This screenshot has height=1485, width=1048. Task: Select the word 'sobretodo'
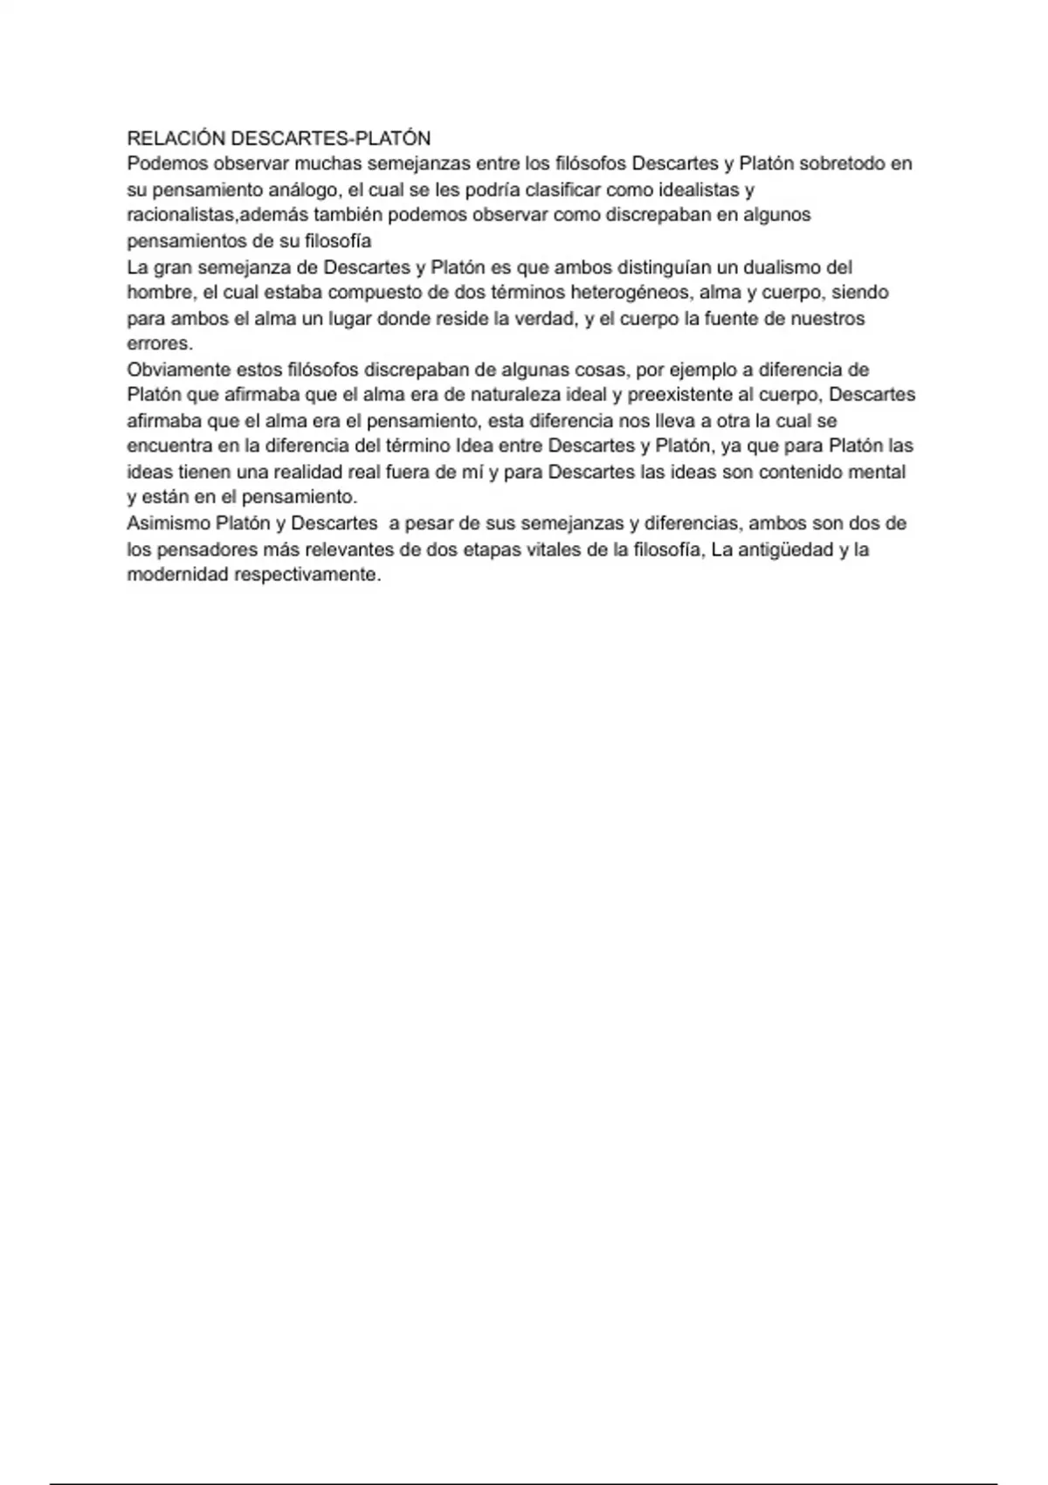tap(843, 163)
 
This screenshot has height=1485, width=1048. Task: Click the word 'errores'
tap(158, 343)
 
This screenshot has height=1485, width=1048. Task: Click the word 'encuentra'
tap(169, 446)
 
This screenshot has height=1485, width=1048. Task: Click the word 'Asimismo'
tap(167, 524)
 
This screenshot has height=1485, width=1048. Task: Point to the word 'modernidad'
tap(177, 576)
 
